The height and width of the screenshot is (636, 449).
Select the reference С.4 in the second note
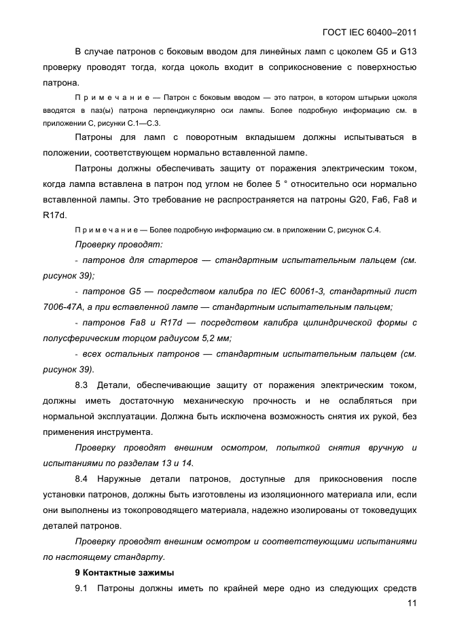coord(371,230)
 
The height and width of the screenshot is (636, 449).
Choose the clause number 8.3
coord(82,386)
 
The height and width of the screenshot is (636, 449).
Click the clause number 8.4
coord(82,479)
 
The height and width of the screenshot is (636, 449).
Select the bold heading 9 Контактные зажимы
coord(124,573)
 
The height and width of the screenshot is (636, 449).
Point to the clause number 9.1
coord(82,588)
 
